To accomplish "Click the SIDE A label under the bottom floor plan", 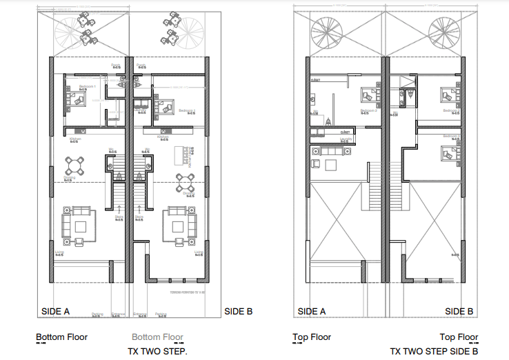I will [56, 311].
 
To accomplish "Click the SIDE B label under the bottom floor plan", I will [239, 311].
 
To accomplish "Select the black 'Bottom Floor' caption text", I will [61, 337].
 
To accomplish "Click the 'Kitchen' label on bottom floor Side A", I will [75, 139].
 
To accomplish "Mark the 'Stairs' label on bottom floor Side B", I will [139, 217].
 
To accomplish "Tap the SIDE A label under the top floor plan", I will [312, 311].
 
